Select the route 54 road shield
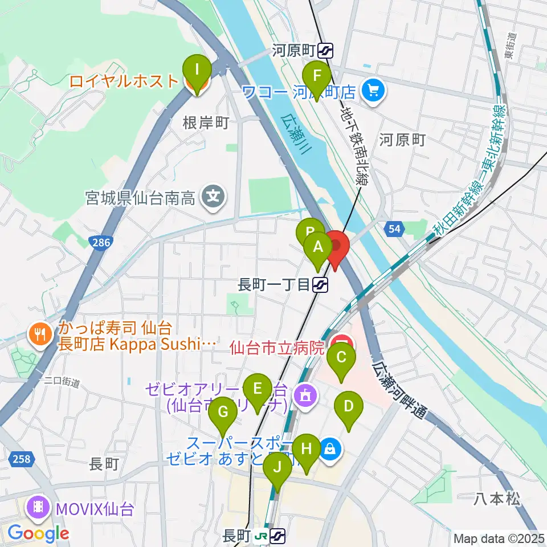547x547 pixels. coord(391,228)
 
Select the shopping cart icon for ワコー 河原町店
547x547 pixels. coord(373,90)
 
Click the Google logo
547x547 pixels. coord(38,534)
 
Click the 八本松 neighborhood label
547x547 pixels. coord(497,500)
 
